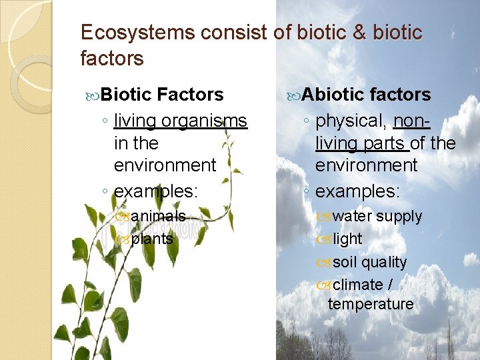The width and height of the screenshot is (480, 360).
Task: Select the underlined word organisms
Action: [204, 121]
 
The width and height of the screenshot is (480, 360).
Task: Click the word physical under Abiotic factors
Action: [351, 121]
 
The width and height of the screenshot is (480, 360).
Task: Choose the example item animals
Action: [158, 216]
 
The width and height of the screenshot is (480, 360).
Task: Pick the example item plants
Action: [152, 239]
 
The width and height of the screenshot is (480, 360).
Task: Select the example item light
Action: [347, 239]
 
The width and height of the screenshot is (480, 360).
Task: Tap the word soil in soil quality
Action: [345, 262]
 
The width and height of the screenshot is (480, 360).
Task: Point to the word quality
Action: [384, 262]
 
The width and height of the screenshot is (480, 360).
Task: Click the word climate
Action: [357, 285]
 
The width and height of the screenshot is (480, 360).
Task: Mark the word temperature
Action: [371, 304]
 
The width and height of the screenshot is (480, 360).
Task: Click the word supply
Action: [399, 217]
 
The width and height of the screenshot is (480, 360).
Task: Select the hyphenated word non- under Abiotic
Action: [412, 121]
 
